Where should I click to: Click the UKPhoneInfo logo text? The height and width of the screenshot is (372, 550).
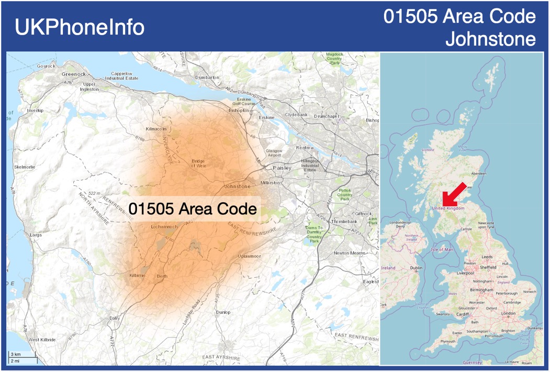pos(80,27)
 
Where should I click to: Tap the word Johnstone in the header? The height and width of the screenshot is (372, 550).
pos(490,39)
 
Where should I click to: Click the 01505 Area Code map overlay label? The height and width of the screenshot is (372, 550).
pos(193,209)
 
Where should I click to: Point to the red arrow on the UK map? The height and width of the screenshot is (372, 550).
pos(453,193)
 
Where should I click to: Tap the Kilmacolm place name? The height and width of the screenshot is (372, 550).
pos(156,128)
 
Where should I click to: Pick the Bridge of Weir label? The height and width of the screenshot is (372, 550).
pos(198,163)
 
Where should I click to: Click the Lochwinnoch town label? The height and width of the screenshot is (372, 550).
pos(164,227)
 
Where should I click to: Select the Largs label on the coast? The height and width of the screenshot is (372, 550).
pos(36,235)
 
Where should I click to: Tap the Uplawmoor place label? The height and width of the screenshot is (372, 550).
pos(249,256)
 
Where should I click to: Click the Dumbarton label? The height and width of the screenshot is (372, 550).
pos(207,77)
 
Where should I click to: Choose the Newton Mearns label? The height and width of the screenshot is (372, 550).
pos(349,253)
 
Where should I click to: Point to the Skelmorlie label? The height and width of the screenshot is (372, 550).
pos(25,167)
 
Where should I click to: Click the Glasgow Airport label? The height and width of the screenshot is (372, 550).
pos(274,152)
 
